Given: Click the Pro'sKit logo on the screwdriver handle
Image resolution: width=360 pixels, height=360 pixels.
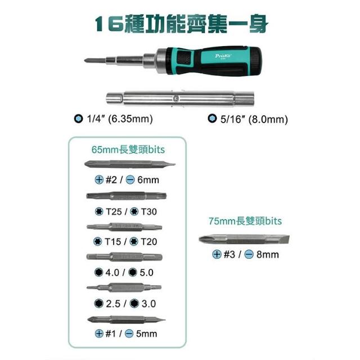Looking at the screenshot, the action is [x=223, y=56].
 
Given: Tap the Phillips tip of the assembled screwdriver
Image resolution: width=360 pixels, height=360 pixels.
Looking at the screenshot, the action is [x=87, y=61].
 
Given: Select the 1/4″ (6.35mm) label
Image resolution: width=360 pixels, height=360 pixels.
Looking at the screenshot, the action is [x=120, y=119].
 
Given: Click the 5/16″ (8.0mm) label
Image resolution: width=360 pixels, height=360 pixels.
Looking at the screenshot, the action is [x=254, y=119].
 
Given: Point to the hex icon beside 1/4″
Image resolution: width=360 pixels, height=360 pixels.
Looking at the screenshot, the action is [x=79, y=119].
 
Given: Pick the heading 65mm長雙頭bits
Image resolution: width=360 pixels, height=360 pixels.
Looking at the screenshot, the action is [x=128, y=150].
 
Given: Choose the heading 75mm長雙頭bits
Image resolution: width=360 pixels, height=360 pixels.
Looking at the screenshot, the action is [x=245, y=221].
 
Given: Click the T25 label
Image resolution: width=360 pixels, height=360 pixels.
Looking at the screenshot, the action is [x=114, y=211].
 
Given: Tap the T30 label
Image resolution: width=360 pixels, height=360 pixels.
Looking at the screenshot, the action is [x=148, y=211].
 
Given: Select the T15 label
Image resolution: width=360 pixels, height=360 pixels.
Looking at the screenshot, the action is [x=112, y=241].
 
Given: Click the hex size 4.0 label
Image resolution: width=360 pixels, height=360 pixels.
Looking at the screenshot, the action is [x=112, y=272].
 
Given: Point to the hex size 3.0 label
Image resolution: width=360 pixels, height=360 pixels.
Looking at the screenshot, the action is [x=148, y=304].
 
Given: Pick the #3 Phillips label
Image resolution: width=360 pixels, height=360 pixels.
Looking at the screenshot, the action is [x=229, y=254].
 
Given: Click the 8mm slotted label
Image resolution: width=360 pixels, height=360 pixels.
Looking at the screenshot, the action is [x=268, y=254].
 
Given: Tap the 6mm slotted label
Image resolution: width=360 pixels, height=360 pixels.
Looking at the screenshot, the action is [x=148, y=180].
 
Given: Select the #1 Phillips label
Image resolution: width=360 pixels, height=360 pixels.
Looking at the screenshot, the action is [x=110, y=334].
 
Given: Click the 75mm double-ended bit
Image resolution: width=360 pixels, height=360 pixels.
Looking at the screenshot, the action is [x=244, y=240].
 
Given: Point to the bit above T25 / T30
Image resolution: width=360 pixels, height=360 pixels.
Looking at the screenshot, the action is [x=126, y=196].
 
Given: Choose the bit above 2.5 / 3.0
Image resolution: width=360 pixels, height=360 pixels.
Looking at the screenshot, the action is [x=124, y=287].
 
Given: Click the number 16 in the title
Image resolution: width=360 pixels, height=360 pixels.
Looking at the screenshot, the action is [x=109, y=24].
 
